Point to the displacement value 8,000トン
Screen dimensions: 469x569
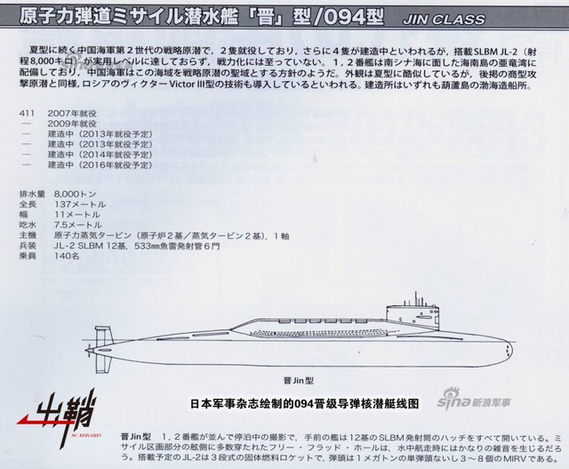tap(74, 193)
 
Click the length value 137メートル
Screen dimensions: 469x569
tap(80, 204)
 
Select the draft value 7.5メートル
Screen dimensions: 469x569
tap(77, 226)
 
